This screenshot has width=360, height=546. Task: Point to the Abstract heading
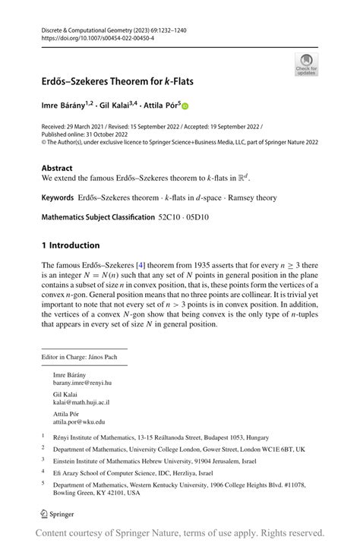click(x=57, y=168)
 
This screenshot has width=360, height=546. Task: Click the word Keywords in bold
click(x=58, y=197)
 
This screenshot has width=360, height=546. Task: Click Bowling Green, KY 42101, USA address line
click(x=96, y=493)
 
